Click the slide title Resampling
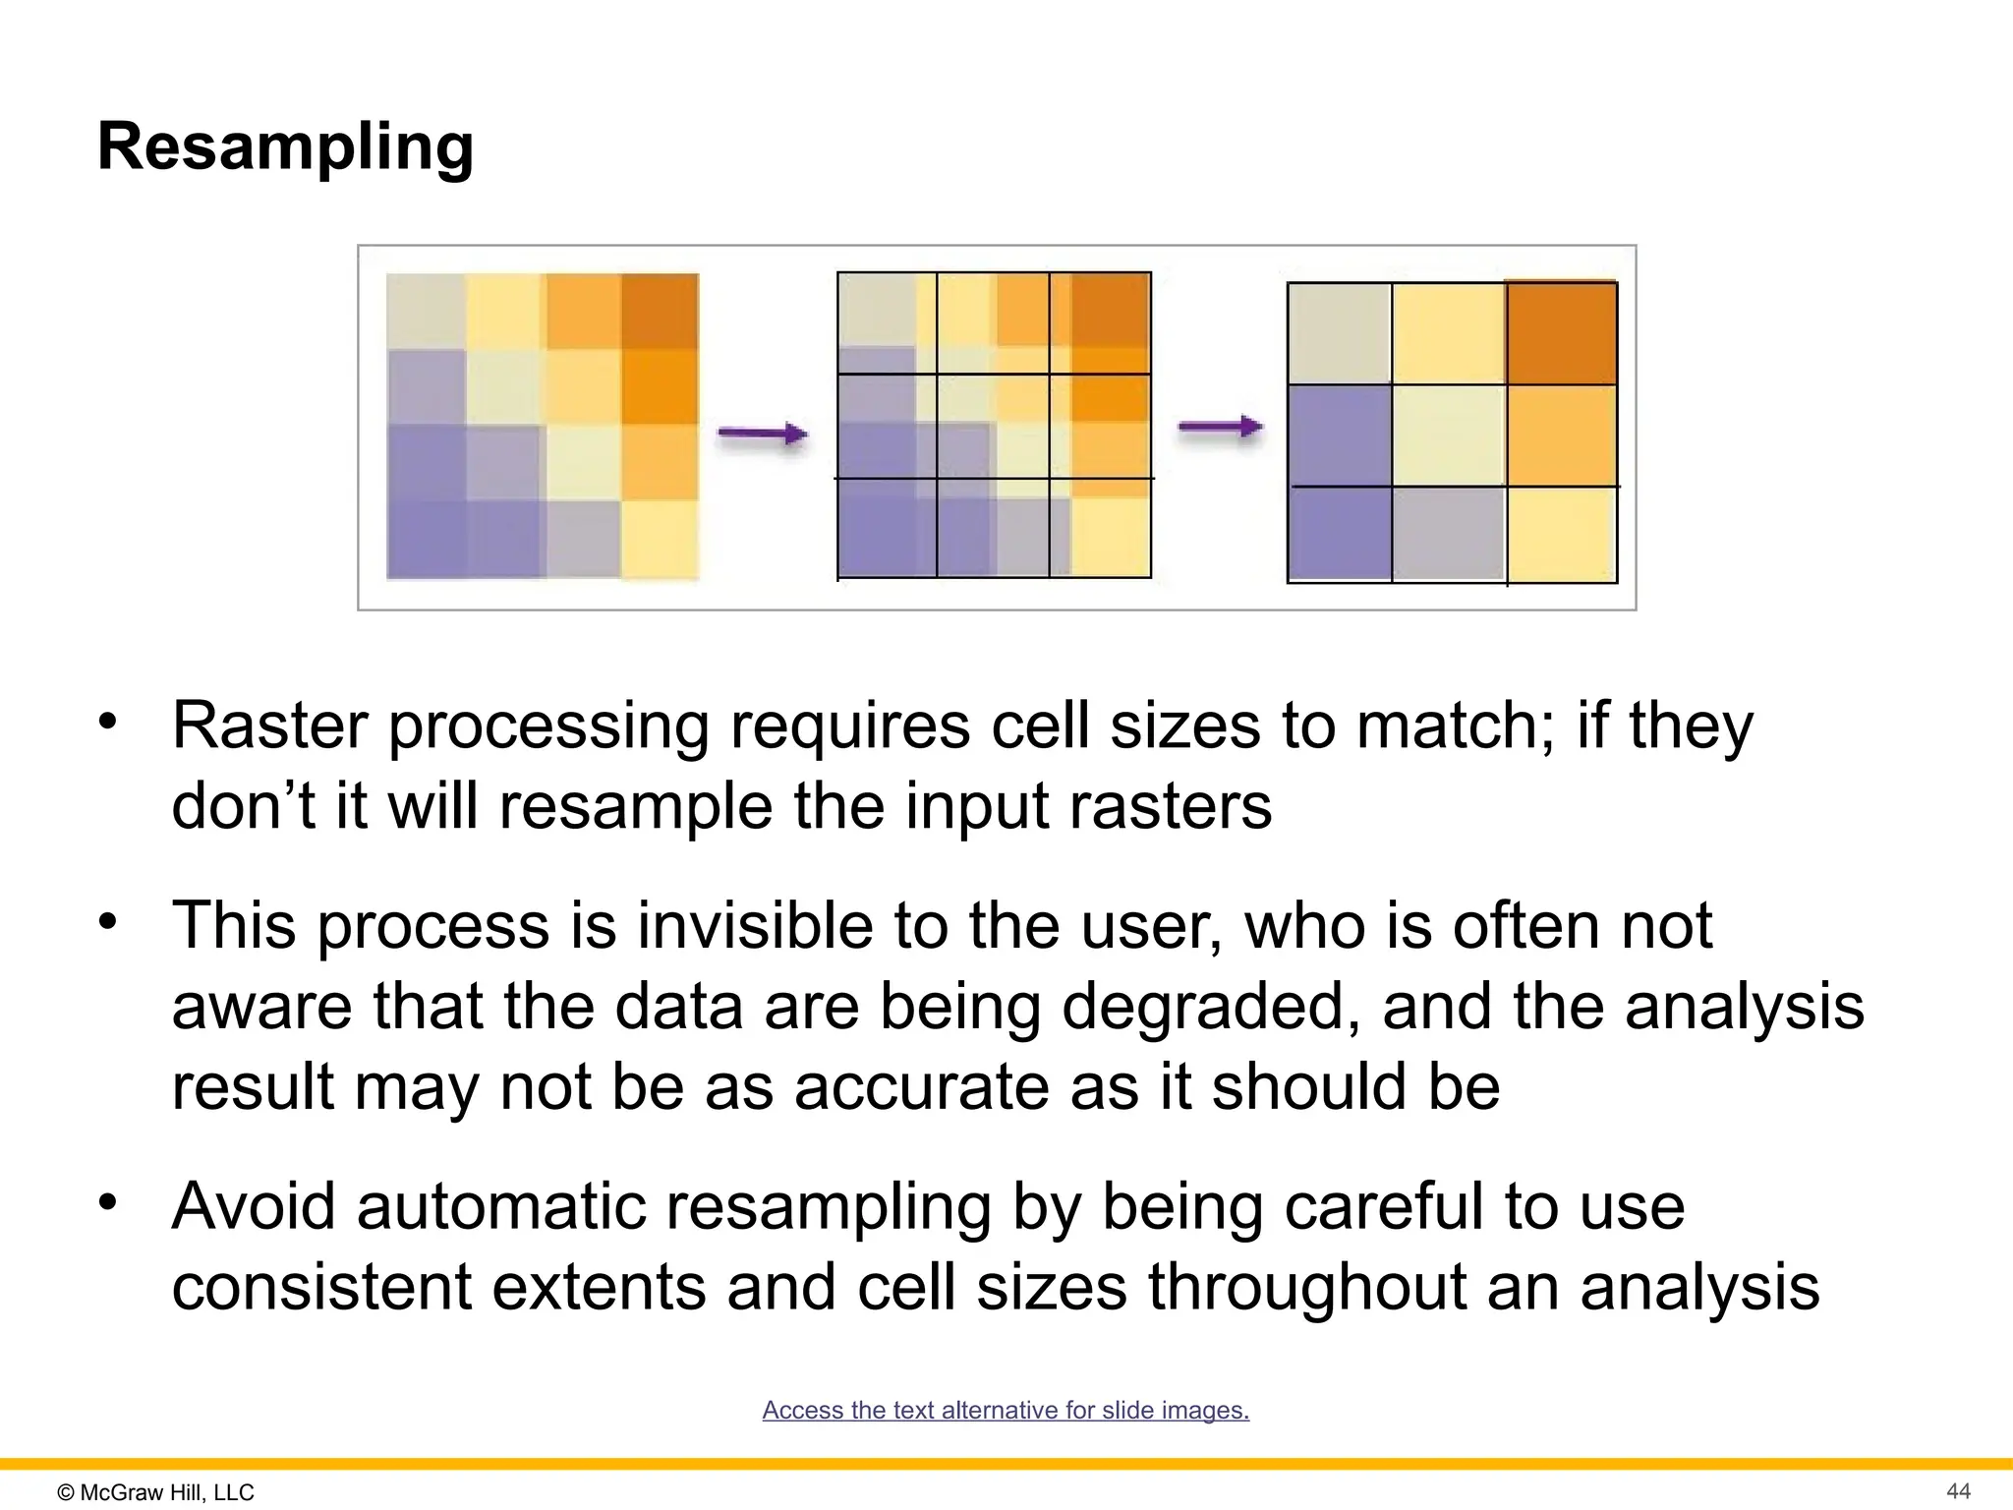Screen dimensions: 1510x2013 point(285,147)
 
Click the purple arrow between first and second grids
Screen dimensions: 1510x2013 point(762,433)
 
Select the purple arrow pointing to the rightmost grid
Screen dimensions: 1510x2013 point(1220,427)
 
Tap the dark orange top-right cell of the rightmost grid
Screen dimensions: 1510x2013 point(1561,333)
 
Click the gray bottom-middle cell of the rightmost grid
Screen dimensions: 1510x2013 point(1448,533)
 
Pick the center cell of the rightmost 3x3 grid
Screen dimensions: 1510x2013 point(1448,435)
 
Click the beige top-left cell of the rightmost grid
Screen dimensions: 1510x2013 point(1339,333)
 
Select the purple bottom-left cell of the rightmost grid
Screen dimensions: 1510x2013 point(1339,533)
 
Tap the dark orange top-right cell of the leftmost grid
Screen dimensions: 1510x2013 point(660,311)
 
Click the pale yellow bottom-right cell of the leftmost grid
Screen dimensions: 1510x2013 point(660,539)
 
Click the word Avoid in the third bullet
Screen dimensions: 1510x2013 point(254,1206)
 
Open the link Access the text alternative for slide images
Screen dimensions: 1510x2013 point(1006,1410)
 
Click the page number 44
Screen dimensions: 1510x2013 point(1958,1491)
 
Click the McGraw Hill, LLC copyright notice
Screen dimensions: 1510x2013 point(156,1492)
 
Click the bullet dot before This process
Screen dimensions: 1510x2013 point(107,922)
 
